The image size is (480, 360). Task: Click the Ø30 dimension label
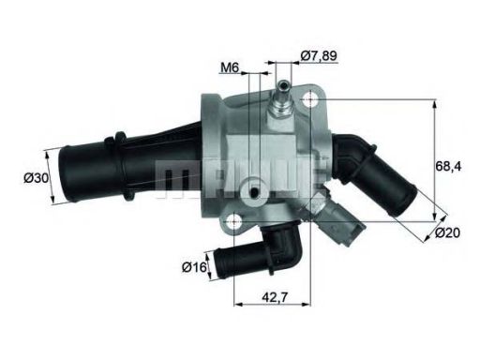point(37,178)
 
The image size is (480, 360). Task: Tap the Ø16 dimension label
point(194,267)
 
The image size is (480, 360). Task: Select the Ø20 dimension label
point(447,232)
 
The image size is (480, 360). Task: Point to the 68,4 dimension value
point(448,167)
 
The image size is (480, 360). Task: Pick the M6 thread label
point(230,67)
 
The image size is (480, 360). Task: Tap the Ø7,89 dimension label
point(314,55)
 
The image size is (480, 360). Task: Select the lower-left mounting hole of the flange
point(233,221)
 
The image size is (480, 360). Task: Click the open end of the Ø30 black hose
point(64,176)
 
